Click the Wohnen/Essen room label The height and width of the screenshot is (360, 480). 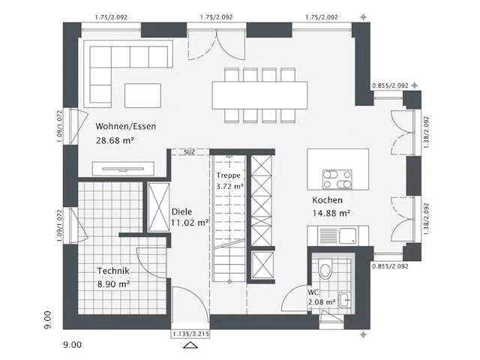125,126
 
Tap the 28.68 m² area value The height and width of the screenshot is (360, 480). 114,140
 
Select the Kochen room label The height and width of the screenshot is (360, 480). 328,200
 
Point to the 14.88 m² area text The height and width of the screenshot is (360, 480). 331,214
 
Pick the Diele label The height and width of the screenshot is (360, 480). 182,211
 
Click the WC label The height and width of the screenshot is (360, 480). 313,292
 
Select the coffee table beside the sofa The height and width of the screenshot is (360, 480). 142,94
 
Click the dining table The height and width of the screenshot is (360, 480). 259,94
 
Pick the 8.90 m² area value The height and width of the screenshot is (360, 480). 114,284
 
